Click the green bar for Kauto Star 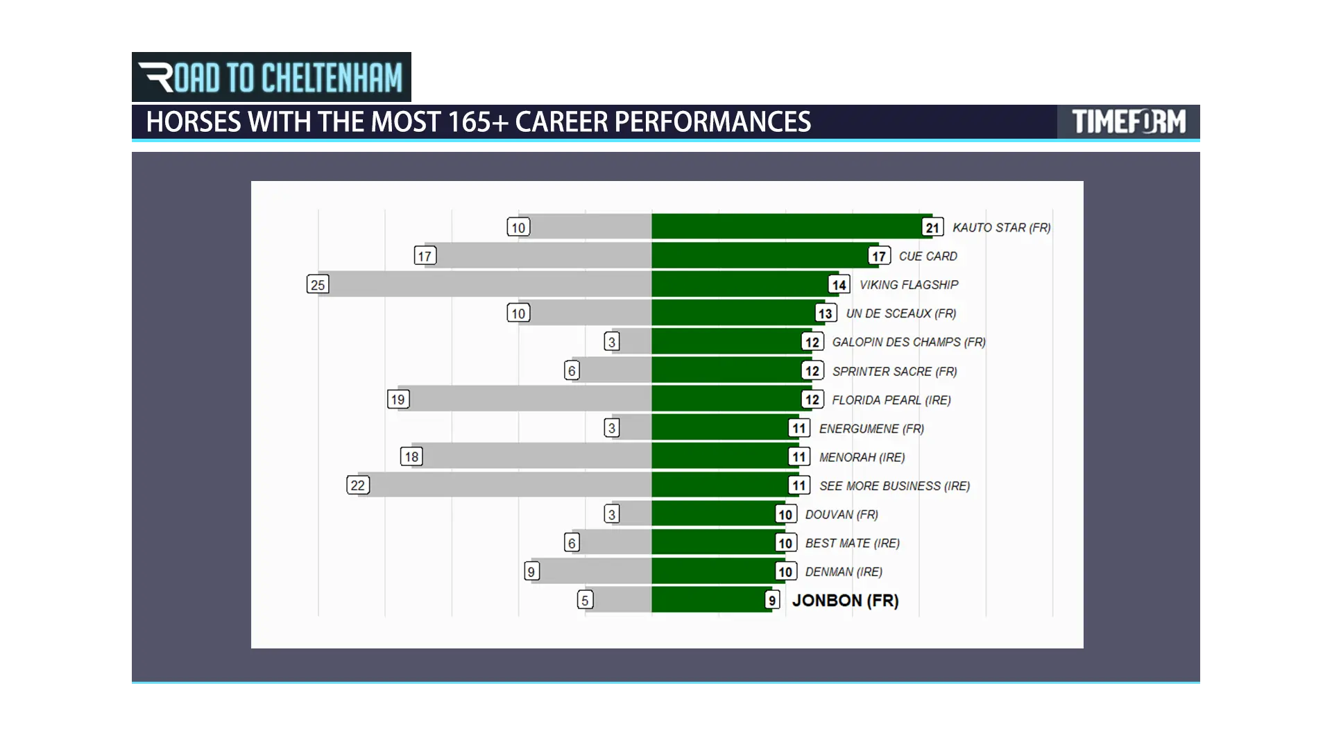(792, 227)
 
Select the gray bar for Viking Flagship (484, 284)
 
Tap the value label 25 (318, 284)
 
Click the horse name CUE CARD (928, 256)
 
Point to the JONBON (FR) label (845, 601)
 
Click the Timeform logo (1129, 122)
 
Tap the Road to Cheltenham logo (271, 77)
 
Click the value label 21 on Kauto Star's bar (932, 227)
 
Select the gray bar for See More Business (504, 485)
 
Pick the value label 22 (358, 485)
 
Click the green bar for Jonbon (711, 600)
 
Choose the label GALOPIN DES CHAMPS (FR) (909, 342)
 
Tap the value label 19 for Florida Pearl (398, 399)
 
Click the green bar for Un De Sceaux (738, 313)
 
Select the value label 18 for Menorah (411, 457)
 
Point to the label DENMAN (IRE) (844, 572)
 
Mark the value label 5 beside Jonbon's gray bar (585, 601)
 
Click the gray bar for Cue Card (538, 256)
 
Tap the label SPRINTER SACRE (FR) (894, 372)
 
